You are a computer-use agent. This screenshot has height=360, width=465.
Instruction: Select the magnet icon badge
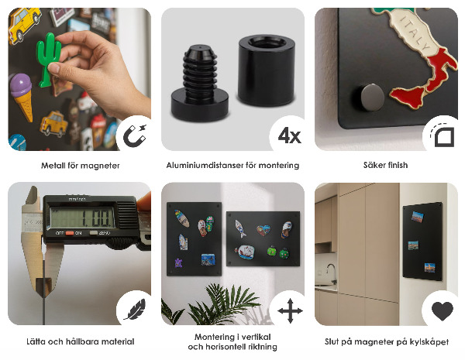point(134,134)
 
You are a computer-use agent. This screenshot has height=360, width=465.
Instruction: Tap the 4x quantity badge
point(288,135)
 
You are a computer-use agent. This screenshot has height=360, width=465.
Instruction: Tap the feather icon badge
point(133,311)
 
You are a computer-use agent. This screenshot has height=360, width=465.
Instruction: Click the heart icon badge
point(442,311)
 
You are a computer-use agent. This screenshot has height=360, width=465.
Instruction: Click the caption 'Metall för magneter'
point(80,166)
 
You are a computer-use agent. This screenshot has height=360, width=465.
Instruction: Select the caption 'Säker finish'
point(385,166)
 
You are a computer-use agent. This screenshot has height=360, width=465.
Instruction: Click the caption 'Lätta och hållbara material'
point(80,341)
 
